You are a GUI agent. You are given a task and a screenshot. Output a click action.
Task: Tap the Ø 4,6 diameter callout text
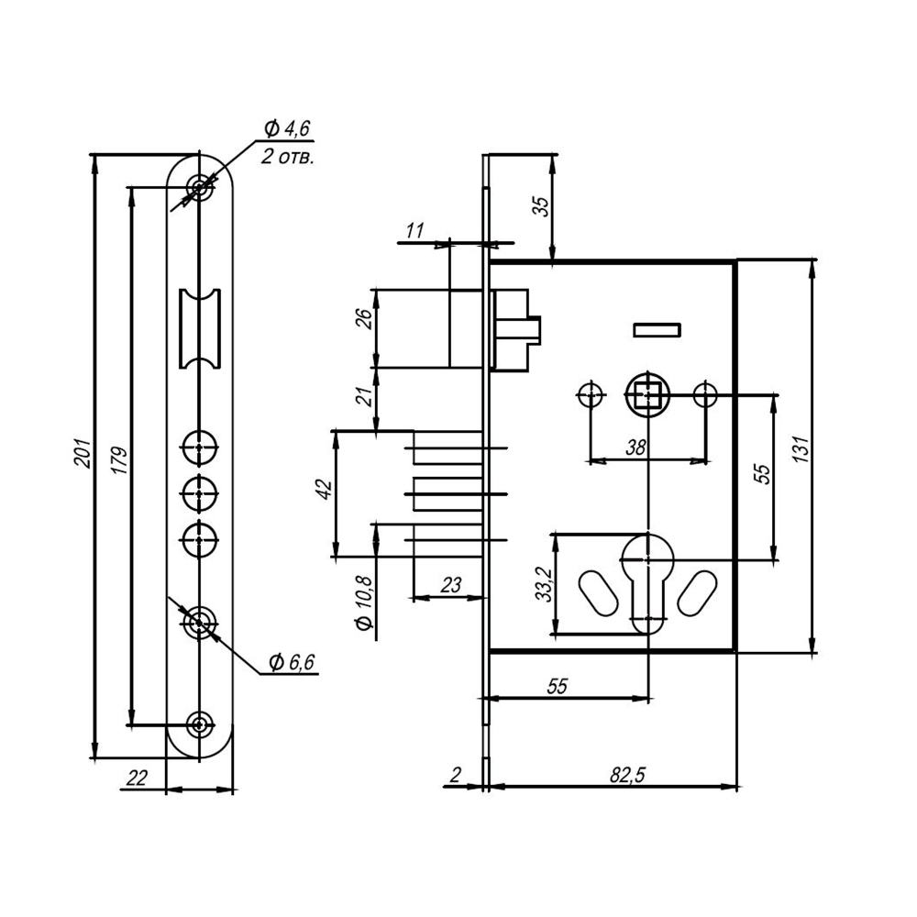pos(287,127)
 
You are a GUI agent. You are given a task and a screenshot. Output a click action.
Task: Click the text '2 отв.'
pos(287,157)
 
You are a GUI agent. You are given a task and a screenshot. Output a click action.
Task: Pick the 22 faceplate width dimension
pos(136,778)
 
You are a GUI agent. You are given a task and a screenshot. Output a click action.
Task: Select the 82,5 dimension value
pos(628,775)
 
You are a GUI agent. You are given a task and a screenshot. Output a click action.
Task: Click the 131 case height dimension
pos(801,455)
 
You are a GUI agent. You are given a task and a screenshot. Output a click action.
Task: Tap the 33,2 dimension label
pos(544,585)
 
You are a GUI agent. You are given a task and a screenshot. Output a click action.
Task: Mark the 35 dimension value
pos(541,207)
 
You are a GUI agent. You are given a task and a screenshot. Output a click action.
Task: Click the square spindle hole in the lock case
pos(648,395)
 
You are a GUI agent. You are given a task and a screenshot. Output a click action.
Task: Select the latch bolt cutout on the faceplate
pos(199,328)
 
